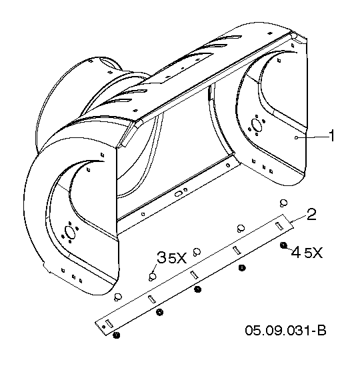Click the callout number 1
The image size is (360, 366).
[331, 135]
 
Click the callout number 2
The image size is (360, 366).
[311, 215]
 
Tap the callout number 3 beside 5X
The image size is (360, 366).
[161, 257]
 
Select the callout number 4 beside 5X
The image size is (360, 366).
[296, 252]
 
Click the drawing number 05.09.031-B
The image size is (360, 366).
[285, 330]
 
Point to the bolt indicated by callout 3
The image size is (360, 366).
[153, 277]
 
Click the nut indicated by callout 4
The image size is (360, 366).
[283, 245]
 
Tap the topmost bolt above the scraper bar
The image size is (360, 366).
[283, 203]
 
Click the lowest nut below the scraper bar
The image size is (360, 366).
[116, 335]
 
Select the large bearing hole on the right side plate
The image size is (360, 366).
[257, 125]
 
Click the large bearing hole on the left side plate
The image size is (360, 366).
[70, 232]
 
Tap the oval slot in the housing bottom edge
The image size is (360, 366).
[178, 194]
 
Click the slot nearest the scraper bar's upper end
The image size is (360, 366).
[279, 226]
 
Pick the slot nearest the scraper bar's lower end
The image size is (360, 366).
[109, 323]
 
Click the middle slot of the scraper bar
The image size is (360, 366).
[194, 275]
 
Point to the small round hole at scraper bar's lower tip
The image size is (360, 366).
[103, 327]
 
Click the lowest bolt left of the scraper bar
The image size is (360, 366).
[118, 297]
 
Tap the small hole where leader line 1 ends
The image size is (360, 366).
[296, 138]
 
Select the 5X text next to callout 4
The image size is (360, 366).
[313, 253]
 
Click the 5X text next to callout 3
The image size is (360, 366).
[177, 258]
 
